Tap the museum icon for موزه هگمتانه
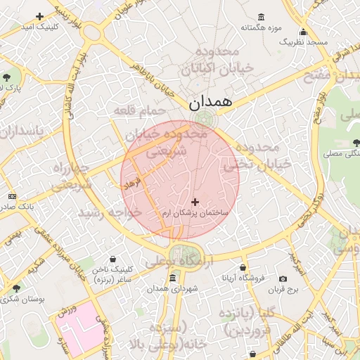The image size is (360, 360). point(262,17)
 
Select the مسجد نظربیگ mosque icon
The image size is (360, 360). point(303,32)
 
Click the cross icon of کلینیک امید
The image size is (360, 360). point(39,15)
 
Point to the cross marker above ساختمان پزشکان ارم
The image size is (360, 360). point(195,202)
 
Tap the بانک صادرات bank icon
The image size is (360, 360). point(12,196)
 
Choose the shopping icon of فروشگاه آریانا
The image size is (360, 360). point(243,267)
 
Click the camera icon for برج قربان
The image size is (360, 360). point(283,278)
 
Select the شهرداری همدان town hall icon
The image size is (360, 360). point(173,278)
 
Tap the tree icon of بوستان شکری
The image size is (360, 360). point(16,288)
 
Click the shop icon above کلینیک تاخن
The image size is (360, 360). point(114,259)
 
